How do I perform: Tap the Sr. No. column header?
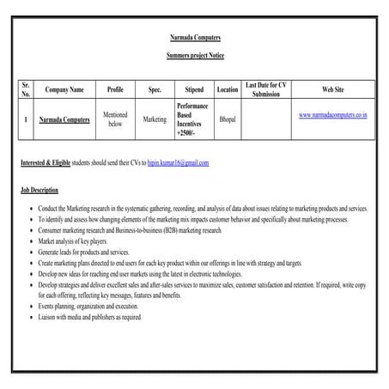coord(27,90)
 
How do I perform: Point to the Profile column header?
coord(115,90)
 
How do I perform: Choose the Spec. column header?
coord(155,90)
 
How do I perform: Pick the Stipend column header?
coord(194,90)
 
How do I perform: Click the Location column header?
coord(227,90)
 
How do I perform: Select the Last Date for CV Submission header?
coord(266,90)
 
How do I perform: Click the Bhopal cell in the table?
coord(227,119)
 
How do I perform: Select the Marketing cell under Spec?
coord(155,119)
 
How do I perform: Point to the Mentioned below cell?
coord(115,119)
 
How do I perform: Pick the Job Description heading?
coord(40,190)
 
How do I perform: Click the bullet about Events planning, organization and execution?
coord(88,305)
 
